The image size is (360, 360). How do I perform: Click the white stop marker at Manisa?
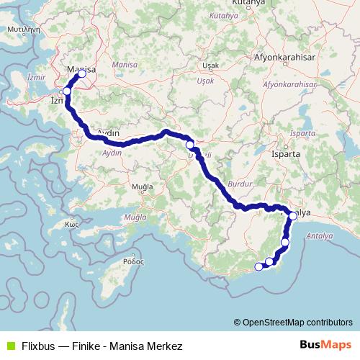pyautogui.click(x=81, y=73)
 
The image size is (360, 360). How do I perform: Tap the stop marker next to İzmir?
pyautogui.click(x=67, y=91)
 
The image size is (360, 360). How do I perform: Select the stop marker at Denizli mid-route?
pyautogui.click(x=190, y=145)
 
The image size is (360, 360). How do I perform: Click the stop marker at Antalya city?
pyautogui.click(x=293, y=215)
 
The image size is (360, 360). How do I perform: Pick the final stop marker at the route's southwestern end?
pyautogui.click(x=258, y=267)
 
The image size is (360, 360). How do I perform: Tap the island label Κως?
pyautogui.click(x=71, y=223)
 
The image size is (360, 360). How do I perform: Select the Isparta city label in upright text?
pyautogui.click(x=279, y=153)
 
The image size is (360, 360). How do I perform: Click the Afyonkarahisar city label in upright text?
pyautogui.click(x=286, y=57)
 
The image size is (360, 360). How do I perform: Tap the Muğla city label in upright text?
pyautogui.click(x=143, y=187)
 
